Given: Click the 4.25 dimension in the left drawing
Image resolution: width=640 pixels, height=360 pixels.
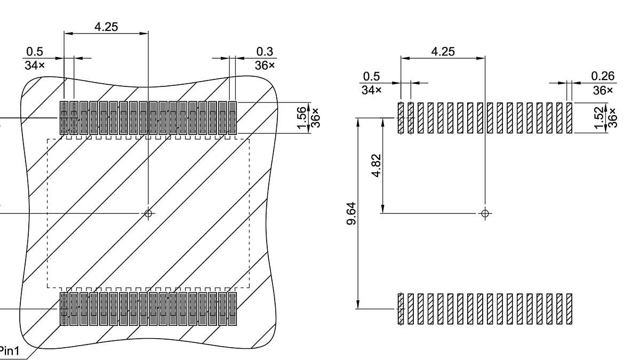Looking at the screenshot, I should (x=106, y=27).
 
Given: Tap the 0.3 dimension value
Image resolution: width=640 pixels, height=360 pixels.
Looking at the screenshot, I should (x=265, y=51).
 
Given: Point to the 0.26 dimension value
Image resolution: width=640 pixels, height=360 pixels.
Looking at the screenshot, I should (x=603, y=76).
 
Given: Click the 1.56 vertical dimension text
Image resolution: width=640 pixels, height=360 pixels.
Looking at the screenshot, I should (x=302, y=117).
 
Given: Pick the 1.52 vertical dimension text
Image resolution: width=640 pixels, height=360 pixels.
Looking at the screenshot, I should (x=600, y=118).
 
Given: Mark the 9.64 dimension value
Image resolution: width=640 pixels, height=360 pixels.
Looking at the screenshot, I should (x=351, y=213).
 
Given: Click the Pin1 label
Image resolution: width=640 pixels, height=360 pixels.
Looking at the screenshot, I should (x=9, y=351).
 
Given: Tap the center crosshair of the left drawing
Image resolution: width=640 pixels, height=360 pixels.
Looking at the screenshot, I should (x=148, y=213).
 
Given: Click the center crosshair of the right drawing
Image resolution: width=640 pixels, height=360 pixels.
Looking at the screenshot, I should (x=485, y=213).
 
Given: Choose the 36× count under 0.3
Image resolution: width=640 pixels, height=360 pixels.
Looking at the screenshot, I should (x=265, y=65).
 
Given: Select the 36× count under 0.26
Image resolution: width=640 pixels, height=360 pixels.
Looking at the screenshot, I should (x=603, y=90).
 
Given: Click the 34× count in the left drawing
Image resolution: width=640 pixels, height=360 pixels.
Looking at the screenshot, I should (x=35, y=65).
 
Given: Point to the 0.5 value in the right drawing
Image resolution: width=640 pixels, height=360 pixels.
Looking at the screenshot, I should (x=372, y=76).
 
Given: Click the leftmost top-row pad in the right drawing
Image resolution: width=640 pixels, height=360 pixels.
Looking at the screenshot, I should (x=401, y=118).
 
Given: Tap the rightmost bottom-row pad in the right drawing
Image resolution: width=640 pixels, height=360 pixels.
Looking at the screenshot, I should (x=569, y=309).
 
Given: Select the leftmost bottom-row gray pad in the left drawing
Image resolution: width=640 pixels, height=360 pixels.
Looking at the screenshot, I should (x=65, y=308).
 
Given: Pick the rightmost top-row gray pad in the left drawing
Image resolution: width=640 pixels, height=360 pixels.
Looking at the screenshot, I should (x=232, y=117).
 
